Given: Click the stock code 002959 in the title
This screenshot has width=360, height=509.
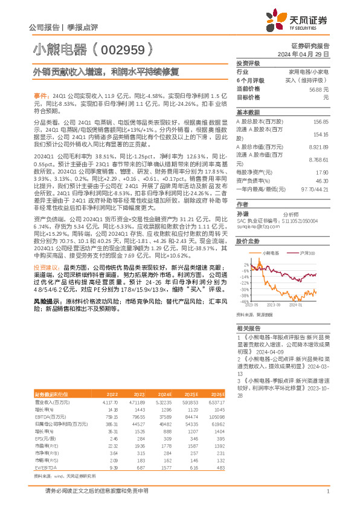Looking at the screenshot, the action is (126, 49).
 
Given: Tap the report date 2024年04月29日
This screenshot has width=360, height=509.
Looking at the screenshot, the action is (308, 54).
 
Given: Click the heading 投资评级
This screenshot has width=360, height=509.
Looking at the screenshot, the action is (248, 63).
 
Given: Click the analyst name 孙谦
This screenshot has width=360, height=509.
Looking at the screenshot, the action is (242, 214).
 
